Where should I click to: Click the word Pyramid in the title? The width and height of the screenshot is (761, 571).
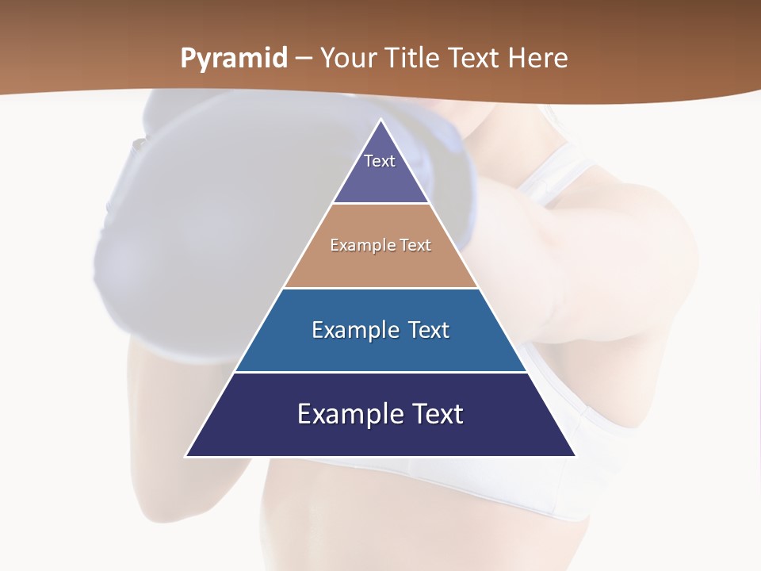pos(234,59)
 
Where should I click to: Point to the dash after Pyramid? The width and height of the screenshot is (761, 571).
pos(304,59)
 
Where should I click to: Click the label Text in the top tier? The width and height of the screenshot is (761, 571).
pos(380,161)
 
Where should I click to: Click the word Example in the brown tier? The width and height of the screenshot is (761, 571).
pos(361,245)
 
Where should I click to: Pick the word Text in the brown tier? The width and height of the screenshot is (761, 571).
pos(414,245)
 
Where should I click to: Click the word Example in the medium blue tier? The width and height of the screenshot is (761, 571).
pos(354,330)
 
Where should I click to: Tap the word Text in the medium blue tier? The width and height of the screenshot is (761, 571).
pos(429,330)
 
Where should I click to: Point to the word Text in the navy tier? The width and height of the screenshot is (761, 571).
pos(436,414)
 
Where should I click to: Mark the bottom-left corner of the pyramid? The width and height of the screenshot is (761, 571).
pos(187,455)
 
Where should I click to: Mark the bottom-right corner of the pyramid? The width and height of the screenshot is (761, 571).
pos(575,455)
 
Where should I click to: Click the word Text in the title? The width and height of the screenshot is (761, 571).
pos(474,58)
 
